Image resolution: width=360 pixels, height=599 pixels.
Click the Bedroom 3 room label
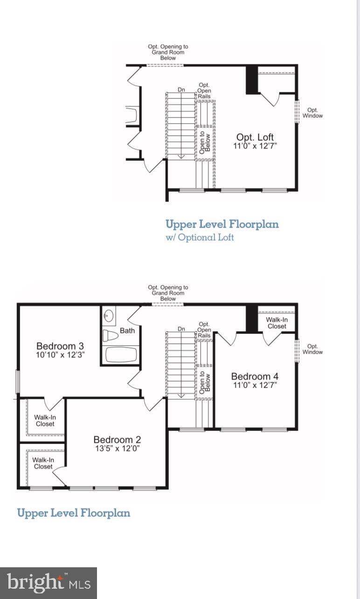(60, 346)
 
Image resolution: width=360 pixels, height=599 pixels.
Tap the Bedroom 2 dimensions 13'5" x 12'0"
(117, 449)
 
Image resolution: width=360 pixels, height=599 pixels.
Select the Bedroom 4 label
(255, 376)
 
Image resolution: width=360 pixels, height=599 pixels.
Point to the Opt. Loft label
(255, 137)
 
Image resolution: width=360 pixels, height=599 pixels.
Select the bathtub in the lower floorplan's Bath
(121, 355)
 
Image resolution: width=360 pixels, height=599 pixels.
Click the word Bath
(127, 331)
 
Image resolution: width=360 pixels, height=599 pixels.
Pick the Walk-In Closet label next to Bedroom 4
(277, 323)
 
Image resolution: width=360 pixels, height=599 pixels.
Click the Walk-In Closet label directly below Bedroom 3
(45, 420)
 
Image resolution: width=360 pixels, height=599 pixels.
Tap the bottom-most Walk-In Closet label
(43, 463)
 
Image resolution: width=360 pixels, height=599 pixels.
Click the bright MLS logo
(48, 583)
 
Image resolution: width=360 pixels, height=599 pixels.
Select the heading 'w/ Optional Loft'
(200, 237)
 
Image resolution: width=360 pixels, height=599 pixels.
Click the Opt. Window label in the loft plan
(312, 113)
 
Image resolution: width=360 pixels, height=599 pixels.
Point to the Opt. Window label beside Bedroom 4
(312, 349)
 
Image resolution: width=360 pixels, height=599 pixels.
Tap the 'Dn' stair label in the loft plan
(181, 90)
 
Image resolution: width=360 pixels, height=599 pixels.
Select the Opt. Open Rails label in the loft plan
(204, 91)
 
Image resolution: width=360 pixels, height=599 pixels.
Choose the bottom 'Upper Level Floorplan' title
(73, 513)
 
